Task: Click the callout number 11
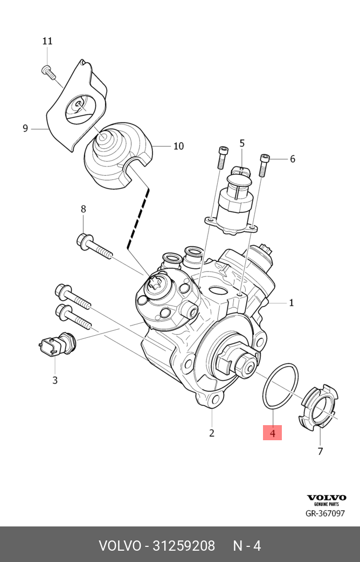tap(47, 41)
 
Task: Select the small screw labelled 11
tap(49, 72)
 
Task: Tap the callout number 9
tap(25, 128)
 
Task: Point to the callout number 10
tap(178, 146)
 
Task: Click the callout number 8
tap(83, 209)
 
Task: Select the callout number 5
tap(242, 143)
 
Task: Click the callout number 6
tap(292, 159)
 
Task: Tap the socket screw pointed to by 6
tap(264, 164)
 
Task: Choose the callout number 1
tap(292, 303)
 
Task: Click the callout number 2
tap(212, 433)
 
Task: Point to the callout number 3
tap(55, 380)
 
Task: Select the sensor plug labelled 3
tap(58, 345)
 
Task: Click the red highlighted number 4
tap(273, 432)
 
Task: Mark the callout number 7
tap(320, 451)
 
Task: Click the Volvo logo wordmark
tap(327, 497)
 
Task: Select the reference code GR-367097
tap(325, 514)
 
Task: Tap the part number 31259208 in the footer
tap(184, 546)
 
